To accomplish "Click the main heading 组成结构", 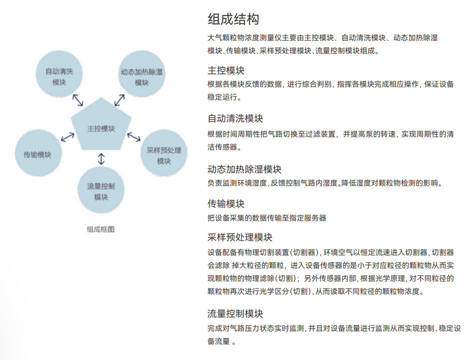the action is click(234, 19).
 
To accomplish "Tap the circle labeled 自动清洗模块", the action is click(59, 74).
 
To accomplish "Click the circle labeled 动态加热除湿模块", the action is click(142, 74).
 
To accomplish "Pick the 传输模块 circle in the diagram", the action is click(38, 153).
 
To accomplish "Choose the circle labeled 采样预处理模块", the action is click(164, 153).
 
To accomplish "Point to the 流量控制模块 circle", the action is click(101, 190).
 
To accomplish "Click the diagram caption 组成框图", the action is click(101, 229).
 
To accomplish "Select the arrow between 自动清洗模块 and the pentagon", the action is click(78, 100).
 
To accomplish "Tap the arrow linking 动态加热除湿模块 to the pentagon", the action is click(120, 100).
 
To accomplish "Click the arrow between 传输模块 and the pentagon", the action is click(67, 137).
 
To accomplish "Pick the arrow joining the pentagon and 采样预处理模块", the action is click(134, 137).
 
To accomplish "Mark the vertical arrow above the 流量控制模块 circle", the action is click(101, 159).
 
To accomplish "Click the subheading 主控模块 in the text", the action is click(226, 70).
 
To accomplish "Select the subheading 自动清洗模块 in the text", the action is click(235, 118).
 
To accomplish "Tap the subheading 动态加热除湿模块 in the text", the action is click(244, 169).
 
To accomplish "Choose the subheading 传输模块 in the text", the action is click(226, 204).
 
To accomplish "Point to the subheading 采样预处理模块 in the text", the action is click(240, 237).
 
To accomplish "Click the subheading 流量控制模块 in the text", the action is click(235, 314).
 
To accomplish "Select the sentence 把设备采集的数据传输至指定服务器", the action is click(267, 218).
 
